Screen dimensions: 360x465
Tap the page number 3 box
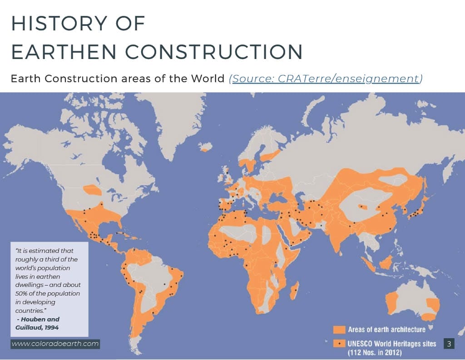pos(449,344)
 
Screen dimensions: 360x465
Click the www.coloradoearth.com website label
pos(55,344)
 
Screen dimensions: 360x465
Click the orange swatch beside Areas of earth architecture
pos(340,329)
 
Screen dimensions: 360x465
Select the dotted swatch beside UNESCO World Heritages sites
pos(340,344)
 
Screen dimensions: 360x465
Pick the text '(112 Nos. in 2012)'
pos(375,352)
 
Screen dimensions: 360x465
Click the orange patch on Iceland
pos(206,147)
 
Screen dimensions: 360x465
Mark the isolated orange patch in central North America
pos(93,190)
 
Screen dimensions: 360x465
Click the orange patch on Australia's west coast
pos(391,300)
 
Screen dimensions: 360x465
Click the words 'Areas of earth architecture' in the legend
pos(386,329)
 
